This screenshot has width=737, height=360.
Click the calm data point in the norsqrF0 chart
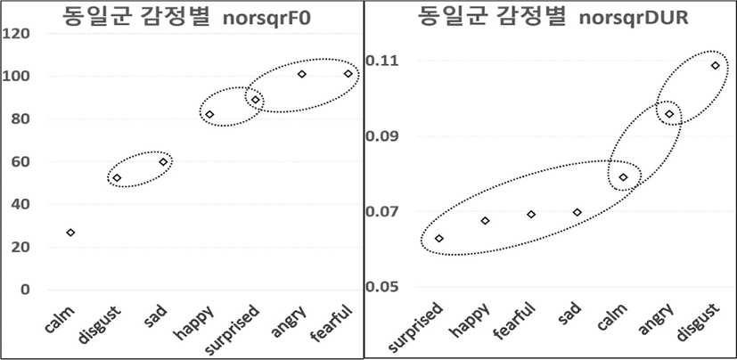[x=70, y=233]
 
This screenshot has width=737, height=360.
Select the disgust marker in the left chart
[x=117, y=178]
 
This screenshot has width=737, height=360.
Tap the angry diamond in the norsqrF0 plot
[x=302, y=74]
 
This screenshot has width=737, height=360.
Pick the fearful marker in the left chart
[x=348, y=74]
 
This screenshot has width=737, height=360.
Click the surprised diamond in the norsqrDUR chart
[x=438, y=239]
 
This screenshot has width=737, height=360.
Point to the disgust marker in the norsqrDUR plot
[x=715, y=65]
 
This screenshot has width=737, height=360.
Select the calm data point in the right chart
[x=623, y=177]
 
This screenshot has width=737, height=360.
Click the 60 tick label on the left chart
[x=20, y=161]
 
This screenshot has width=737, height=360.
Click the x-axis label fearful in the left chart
[x=337, y=320]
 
